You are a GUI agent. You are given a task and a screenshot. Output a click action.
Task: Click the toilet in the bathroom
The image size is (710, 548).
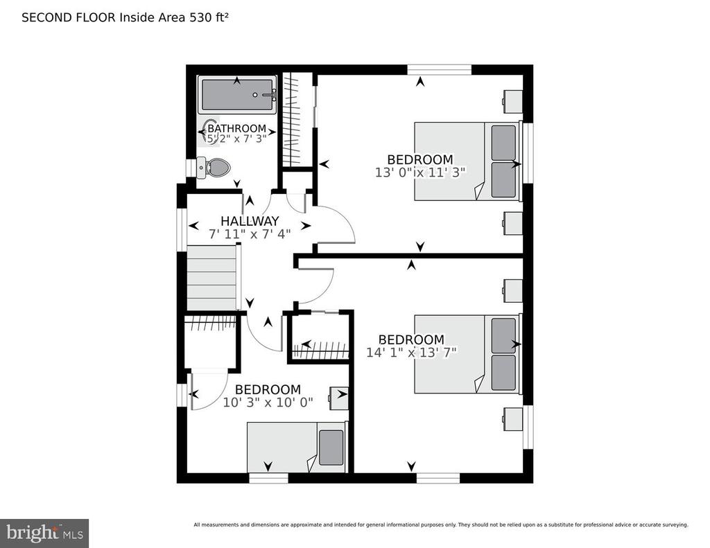(x=214, y=168)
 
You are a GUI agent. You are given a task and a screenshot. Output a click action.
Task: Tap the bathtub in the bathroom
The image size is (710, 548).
(x=237, y=95)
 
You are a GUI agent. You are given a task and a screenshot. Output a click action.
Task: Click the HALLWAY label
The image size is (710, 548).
(x=250, y=221)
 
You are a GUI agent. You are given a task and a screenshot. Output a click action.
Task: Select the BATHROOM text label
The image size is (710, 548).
(x=237, y=129)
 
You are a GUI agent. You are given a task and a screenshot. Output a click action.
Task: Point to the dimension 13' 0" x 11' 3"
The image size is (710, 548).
(x=420, y=173)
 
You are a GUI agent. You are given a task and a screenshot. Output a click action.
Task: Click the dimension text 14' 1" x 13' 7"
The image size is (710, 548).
(x=411, y=352)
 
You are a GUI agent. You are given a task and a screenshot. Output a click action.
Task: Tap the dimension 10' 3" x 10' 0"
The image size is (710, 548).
(x=268, y=402)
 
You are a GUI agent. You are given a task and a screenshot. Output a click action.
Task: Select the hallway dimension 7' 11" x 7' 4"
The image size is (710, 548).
(x=250, y=234)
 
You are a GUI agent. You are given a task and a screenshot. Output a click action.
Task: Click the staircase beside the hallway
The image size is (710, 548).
(x=212, y=277)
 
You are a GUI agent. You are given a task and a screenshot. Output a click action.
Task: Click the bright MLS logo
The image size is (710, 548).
(x=44, y=533)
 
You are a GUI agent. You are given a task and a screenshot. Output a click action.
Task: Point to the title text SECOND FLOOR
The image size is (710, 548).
(x=69, y=17)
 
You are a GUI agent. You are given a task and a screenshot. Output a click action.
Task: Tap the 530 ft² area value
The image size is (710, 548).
(x=209, y=17)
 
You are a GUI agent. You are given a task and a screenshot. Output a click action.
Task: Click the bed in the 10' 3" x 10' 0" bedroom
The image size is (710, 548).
(x=297, y=447)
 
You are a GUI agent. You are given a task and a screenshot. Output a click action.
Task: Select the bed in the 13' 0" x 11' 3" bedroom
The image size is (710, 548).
(x=468, y=161)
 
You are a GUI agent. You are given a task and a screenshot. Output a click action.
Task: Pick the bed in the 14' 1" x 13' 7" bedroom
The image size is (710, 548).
(x=468, y=354)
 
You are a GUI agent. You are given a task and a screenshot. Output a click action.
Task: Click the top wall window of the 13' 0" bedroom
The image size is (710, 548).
(x=439, y=70)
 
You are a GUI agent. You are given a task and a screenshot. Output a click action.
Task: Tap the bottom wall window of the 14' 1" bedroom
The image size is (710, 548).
(x=438, y=478)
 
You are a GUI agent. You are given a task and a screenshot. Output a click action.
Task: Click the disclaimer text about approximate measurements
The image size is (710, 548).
(x=441, y=525)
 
